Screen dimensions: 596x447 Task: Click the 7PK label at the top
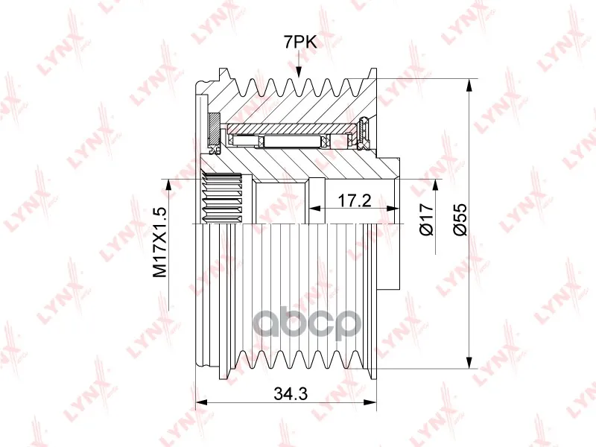300,42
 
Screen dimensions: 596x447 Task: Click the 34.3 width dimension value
291,394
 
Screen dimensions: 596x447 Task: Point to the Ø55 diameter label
460,219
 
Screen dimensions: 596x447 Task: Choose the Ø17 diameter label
427,219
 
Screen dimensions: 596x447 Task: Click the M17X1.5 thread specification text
159,242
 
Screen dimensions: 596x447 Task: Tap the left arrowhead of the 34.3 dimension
200,402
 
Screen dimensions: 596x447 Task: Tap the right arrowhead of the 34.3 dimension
370,402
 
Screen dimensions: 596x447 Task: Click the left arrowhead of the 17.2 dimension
314,209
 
